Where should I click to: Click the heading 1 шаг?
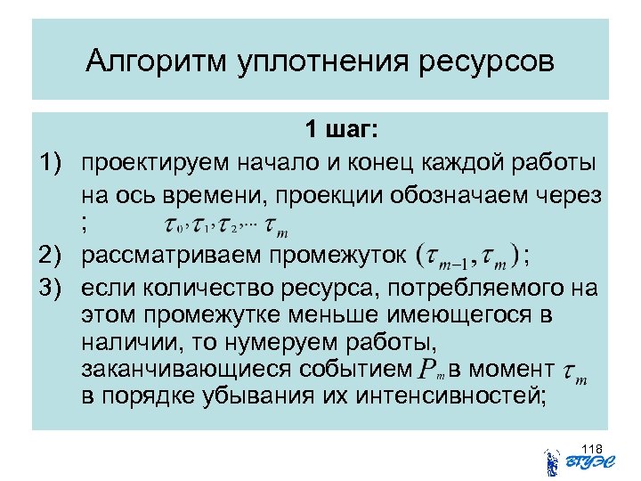point(343,130)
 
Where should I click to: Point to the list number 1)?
point(53,162)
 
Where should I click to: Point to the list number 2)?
point(53,257)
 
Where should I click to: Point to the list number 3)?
point(53,289)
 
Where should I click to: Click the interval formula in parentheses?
point(468,257)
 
